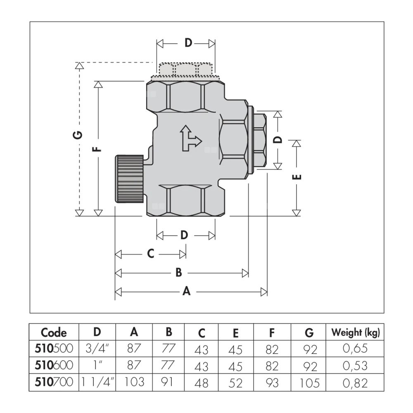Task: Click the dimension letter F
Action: (x=98, y=147)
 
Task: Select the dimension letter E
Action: (x=296, y=177)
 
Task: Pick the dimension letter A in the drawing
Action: (x=187, y=292)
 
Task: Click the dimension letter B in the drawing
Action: (x=179, y=273)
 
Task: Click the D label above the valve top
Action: (x=188, y=43)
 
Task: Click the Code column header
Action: (x=54, y=332)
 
